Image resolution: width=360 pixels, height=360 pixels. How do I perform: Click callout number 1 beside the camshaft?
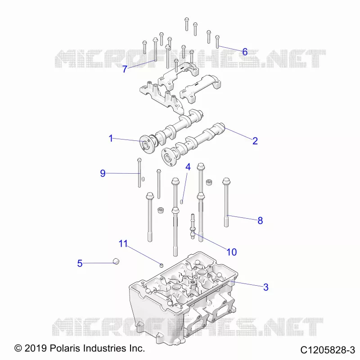[111, 138]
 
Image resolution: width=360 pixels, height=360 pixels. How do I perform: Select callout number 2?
[255, 141]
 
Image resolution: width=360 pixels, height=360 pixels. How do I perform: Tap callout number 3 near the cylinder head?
[265, 287]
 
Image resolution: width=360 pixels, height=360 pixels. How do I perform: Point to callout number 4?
[188, 167]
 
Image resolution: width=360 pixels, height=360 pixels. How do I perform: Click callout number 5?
[80, 263]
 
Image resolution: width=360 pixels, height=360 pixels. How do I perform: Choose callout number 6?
[245, 52]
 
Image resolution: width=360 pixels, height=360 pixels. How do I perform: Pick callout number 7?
[125, 69]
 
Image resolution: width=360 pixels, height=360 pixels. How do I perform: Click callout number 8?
[260, 220]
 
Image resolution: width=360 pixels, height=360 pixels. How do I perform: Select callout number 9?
[103, 173]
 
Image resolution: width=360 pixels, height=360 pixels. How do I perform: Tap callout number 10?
[231, 252]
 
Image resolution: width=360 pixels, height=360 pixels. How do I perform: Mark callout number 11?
[123, 243]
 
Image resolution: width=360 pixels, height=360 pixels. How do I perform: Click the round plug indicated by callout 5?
[116, 261]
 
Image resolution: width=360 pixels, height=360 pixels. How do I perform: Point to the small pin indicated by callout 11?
[162, 265]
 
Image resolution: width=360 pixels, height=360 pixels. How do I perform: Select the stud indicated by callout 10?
[193, 226]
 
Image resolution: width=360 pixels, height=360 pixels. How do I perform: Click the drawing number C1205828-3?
[328, 350]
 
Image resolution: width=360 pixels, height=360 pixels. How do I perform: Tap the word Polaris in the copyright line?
[65, 348]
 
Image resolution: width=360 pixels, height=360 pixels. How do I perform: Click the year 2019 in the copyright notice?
[36, 348]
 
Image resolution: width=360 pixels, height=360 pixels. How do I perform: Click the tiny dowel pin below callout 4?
[181, 202]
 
